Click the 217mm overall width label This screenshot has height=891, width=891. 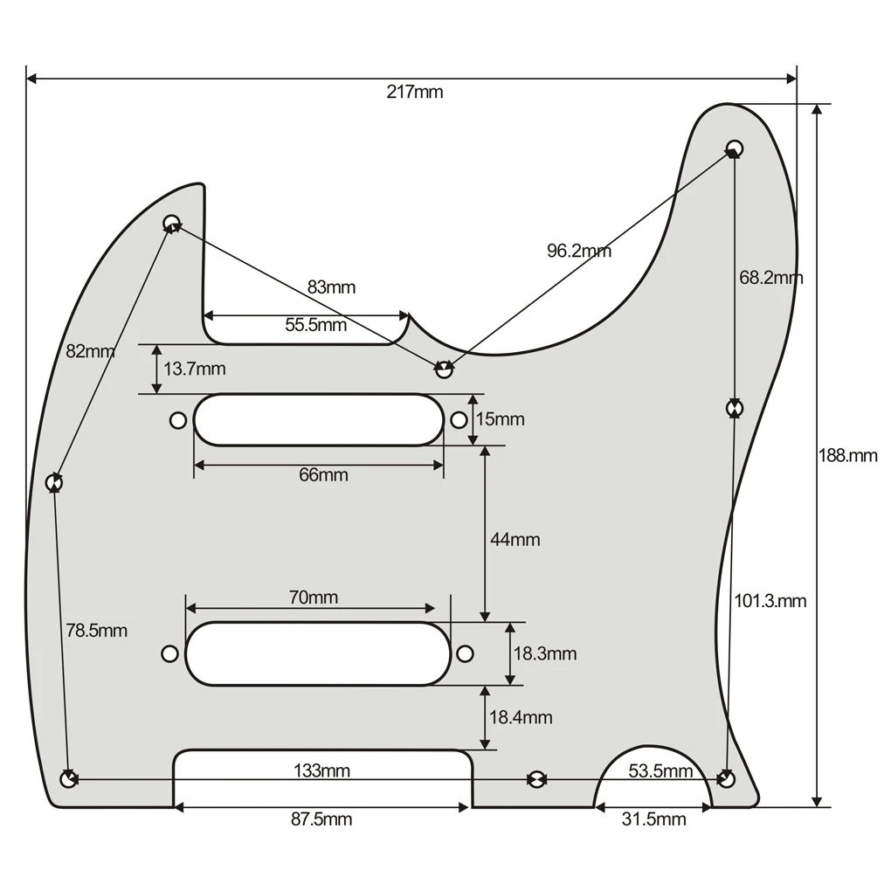[x=415, y=93]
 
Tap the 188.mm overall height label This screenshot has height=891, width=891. [x=847, y=455]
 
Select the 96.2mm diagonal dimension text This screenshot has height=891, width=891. [x=579, y=252]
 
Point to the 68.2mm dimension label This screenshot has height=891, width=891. [x=770, y=278]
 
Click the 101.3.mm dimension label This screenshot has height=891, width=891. [x=770, y=601]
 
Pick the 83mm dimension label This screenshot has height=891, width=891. [x=331, y=287]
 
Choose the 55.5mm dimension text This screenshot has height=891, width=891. [x=315, y=326]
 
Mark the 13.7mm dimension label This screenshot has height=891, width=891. [x=194, y=369]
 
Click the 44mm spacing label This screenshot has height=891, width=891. [x=515, y=540]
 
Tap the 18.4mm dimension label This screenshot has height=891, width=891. [x=521, y=717]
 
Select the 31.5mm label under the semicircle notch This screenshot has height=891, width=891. [x=653, y=818]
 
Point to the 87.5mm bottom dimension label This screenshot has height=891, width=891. [x=321, y=818]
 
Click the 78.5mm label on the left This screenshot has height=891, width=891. [x=96, y=630]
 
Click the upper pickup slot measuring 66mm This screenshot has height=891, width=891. [x=318, y=420]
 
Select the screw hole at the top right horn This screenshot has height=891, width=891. [x=735, y=148]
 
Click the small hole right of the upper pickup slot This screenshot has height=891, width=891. [x=459, y=420]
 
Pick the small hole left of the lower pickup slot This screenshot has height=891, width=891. [x=169, y=653]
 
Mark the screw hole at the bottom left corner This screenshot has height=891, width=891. [x=67, y=778]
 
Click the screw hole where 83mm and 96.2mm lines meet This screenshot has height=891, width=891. [x=444, y=370]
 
